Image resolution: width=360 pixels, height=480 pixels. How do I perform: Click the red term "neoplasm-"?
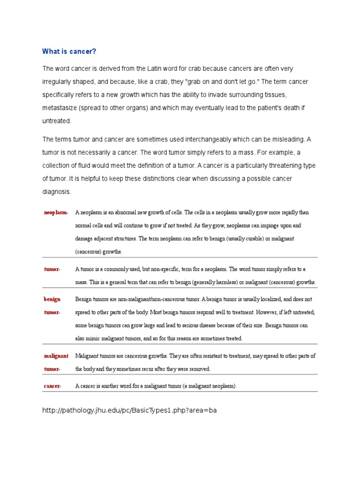click(56, 213)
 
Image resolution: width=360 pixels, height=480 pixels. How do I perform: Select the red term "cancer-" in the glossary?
click(52, 386)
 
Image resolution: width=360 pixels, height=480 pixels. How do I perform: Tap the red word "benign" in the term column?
click(52, 299)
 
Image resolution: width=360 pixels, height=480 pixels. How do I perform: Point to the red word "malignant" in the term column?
click(56, 356)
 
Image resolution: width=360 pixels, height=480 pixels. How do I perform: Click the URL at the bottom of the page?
click(129, 410)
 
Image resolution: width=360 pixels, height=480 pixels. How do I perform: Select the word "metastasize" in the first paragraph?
click(60, 108)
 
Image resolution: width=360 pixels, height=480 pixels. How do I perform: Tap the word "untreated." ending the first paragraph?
click(57, 121)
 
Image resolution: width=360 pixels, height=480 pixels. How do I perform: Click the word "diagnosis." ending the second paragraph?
click(57, 192)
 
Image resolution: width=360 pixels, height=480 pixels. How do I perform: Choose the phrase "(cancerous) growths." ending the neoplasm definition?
click(98, 252)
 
